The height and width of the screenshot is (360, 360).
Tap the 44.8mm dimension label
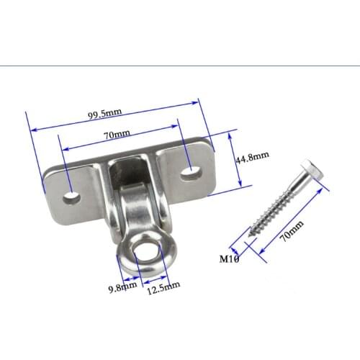pyautogui.click(x=253, y=155)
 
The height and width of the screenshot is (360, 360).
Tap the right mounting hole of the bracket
pyautogui.click(x=192, y=171)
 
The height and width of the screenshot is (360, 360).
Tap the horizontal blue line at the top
pyautogui.click(x=180, y=66)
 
